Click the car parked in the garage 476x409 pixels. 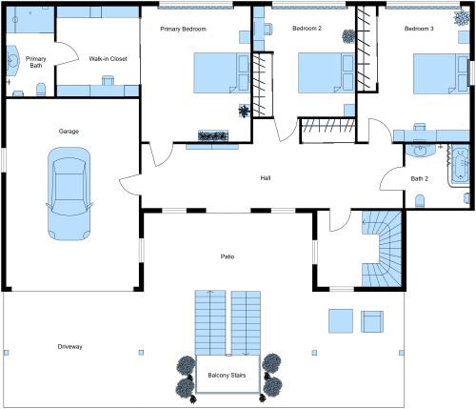71,197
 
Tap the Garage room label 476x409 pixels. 68,131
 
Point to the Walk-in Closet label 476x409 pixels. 108,58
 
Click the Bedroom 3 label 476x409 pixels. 419,29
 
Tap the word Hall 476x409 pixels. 267,178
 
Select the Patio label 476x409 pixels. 228,256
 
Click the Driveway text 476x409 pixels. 70,346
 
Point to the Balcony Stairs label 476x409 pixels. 227,375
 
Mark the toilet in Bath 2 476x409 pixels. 420,200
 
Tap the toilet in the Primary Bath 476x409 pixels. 41,90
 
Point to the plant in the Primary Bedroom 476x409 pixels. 246,111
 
